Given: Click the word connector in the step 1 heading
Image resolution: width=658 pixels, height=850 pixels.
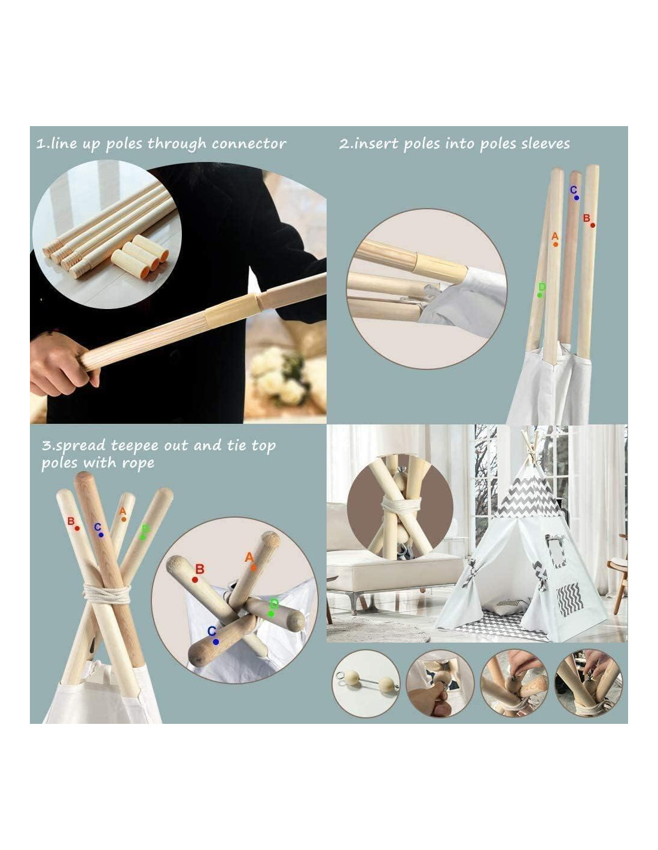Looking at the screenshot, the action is [249, 144].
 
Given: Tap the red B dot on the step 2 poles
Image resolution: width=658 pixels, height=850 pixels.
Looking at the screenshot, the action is [592, 225].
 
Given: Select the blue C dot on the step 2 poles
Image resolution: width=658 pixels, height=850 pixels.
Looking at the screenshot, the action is [576, 198].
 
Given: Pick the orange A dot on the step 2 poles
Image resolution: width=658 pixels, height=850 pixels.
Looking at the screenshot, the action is [556, 244].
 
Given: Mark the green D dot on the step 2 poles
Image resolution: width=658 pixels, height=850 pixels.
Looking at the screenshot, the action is [540, 295].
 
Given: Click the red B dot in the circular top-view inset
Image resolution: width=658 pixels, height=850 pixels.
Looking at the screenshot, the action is [195, 580].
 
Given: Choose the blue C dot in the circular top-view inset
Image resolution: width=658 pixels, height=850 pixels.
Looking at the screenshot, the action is [216, 642].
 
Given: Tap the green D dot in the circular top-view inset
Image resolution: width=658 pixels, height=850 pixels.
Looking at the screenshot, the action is [270, 614].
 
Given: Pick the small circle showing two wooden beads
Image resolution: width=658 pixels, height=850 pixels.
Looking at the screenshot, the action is [366, 683].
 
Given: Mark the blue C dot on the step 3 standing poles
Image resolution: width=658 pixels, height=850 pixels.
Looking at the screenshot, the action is [101, 535].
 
